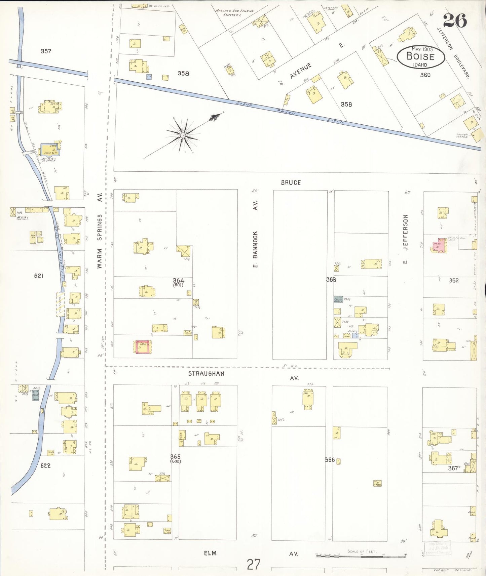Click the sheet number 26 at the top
[454, 21]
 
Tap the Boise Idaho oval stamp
[420, 57]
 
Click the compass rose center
[183, 135]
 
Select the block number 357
[46, 51]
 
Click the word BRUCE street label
[291, 182]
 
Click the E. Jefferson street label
[405, 239]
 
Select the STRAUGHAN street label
[206, 373]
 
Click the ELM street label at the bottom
[210, 553]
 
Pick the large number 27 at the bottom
[253, 564]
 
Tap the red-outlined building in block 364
[143, 347]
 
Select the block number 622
[45, 465]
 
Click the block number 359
[346, 104]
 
